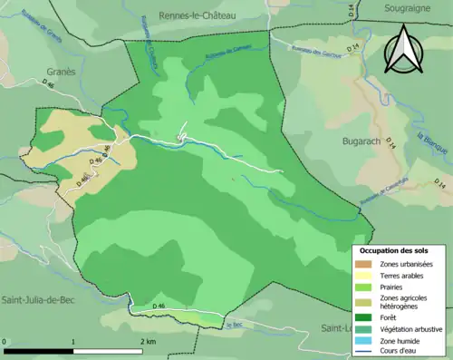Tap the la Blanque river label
[x=430, y=144]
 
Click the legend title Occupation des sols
[x=398, y=250]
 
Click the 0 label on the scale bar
[x=5, y=341]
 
